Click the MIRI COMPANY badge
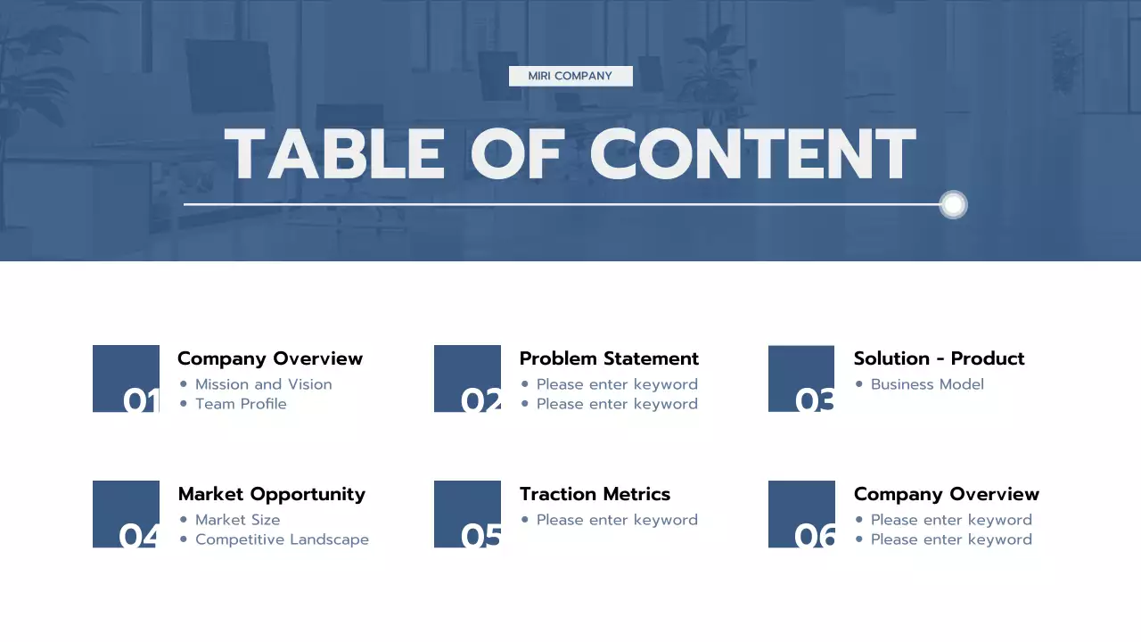click(570, 76)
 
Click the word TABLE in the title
click(334, 154)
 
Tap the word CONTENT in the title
click(753, 154)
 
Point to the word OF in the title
click(516, 154)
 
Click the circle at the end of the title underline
click(953, 205)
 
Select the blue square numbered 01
click(126, 378)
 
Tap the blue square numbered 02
click(467, 378)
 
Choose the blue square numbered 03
click(801, 378)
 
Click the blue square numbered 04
click(126, 514)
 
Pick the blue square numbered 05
click(467, 514)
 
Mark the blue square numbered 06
click(801, 514)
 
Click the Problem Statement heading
click(609, 358)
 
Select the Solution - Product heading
click(939, 358)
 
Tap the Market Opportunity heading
click(272, 494)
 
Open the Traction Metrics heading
click(595, 494)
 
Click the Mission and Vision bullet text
click(264, 384)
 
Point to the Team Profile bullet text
click(241, 404)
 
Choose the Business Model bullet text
click(927, 384)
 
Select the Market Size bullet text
click(238, 520)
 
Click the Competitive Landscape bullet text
click(282, 539)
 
